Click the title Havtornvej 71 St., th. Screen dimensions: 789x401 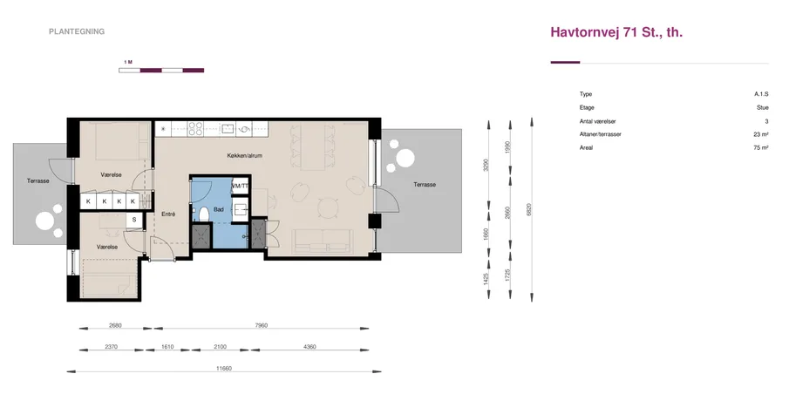(x=616, y=32)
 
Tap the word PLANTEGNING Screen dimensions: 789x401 (x=77, y=31)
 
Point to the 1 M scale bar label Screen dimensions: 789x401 (x=128, y=62)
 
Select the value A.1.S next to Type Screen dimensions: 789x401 (x=761, y=94)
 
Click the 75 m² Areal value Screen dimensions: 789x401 (x=761, y=148)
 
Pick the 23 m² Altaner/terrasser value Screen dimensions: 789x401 (x=761, y=134)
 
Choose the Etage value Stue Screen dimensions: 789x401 (x=763, y=108)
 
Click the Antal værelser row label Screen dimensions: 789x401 (x=598, y=121)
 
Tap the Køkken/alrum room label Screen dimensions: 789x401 (x=245, y=156)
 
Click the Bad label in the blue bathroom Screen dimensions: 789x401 (x=218, y=209)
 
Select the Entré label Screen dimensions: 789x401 (x=168, y=214)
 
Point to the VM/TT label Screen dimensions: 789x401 (x=240, y=187)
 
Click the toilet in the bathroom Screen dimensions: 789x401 (x=204, y=214)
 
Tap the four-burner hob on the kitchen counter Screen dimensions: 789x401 (x=195, y=129)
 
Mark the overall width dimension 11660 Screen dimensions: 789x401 (x=224, y=368)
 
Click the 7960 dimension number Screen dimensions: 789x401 (x=262, y=325)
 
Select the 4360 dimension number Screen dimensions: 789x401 (x=310, y=347)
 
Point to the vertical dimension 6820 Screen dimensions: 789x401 (x=528, y=210)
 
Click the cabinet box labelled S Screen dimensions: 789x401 (x=134, y=221)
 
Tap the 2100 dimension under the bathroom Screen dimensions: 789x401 (x=221, y=347)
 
